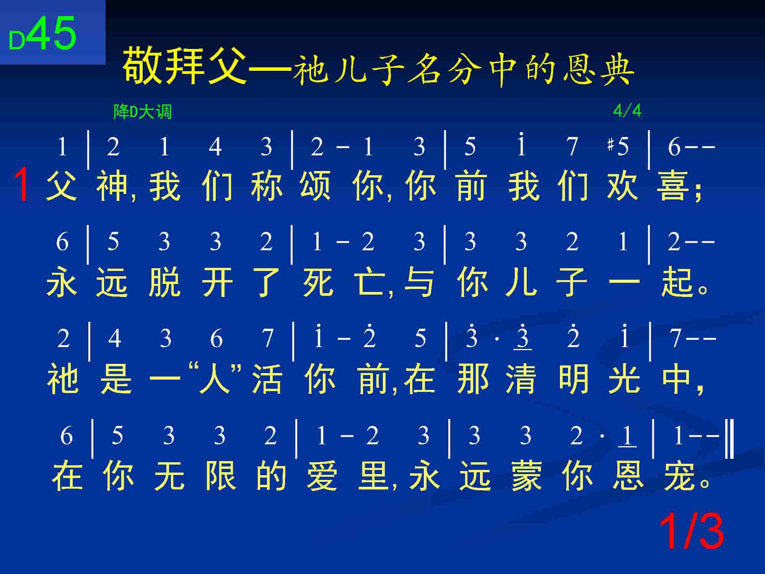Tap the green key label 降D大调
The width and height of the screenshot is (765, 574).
pos(143,112)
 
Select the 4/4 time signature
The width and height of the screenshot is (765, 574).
pos(627,111)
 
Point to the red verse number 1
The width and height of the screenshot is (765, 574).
pos(21,186)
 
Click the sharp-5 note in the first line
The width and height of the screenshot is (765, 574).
pos(618,146)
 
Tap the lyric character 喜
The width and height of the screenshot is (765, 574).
pos(672,186)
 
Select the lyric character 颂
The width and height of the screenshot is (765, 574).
pos(316,186)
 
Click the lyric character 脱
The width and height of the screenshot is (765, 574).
pos(164,282)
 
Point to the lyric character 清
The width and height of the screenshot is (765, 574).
pos(521,379)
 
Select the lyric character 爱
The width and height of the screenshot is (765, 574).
pos(322,476)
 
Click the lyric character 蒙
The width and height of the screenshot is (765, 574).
pos(527,476)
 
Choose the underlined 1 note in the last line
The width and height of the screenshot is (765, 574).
pos(627,436)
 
